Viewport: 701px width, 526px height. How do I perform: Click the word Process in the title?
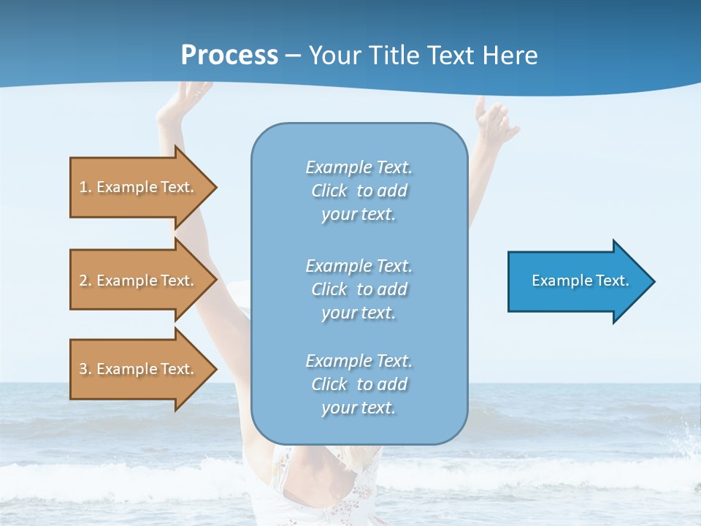pos(229,56)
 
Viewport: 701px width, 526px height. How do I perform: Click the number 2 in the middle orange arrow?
pos(83,281)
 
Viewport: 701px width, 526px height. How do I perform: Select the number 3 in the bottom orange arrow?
pos(83,369)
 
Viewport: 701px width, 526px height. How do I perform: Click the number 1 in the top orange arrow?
pos(83,187)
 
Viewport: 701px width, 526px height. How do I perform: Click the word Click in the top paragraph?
pos(329,191)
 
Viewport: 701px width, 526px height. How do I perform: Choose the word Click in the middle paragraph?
pos(329,289)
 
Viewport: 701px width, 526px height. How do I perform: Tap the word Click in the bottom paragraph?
pos(329,384)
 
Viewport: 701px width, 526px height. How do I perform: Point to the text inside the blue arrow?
pos(580,281)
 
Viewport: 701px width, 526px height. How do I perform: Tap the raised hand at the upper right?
pos(495,117)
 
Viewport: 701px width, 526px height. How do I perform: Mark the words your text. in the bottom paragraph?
pos(359,408)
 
